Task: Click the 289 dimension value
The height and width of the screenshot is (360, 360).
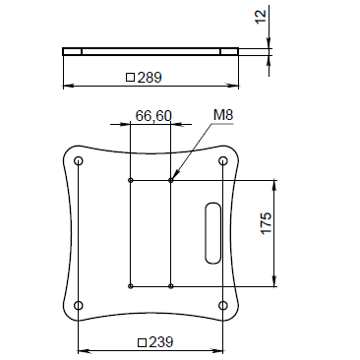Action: coord(150,78)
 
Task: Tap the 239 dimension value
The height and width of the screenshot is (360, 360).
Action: coord(161,342)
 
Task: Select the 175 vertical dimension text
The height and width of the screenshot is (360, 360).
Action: coord(267,223)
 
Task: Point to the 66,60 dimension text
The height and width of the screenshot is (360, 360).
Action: coord(153,116)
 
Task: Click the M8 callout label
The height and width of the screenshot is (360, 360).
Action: coord(223,115)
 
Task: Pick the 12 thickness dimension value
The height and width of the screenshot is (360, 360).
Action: coord(262,17)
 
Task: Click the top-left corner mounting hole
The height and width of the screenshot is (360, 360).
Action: coord(79,161)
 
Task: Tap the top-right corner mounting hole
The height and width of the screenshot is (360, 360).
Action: coord(223,161)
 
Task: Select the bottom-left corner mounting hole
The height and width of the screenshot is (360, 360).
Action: coord(79,306)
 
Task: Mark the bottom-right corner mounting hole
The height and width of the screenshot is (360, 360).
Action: coord(223,306)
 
